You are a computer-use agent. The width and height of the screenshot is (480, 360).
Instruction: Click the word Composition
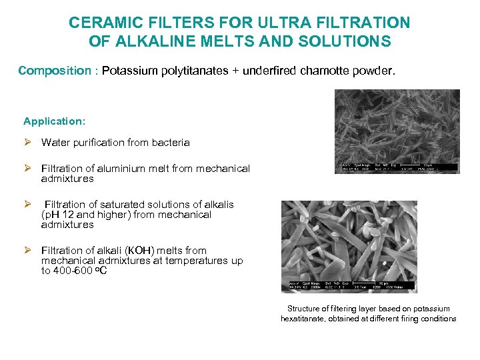(55, 71)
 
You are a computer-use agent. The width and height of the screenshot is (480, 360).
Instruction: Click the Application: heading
(54, 121)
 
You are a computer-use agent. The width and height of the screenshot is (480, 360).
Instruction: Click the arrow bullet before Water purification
(27, 142)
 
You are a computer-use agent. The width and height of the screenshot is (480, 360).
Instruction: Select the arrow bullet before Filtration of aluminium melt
(27, 169)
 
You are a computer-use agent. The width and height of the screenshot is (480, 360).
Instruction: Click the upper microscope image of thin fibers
(397, 131)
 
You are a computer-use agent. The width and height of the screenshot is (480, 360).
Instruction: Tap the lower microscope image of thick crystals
(349, 246)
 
